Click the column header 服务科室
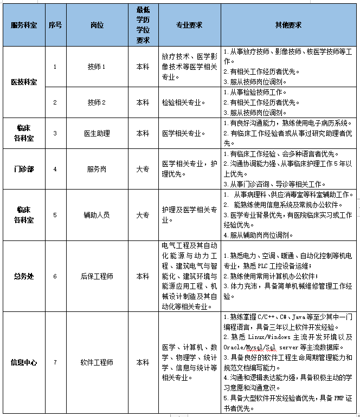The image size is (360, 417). [x=24, y=25]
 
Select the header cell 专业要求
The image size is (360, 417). [x=189, y=25]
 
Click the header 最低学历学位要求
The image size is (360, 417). [x=143, y=25]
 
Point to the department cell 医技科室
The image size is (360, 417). [x=24, y=82]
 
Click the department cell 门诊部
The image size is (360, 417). [x=24, y=169]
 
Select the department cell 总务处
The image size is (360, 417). [x=24, y=276]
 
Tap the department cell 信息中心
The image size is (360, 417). [x=24, y=362]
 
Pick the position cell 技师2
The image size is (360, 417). [x=97, y=102]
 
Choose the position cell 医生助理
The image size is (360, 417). [x=97, y=133]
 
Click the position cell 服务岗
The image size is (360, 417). [x=97, y=169]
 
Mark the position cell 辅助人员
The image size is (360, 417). [x=97, y=214]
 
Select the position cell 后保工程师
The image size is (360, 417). [x=97, y=276]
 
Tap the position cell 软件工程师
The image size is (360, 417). [x=97, y=362]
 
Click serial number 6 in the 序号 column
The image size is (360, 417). [x=55, y=276]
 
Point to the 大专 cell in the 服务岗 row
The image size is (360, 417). [x=143, y=169]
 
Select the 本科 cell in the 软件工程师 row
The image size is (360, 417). [x=143, y=362]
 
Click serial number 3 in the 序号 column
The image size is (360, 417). [x=55, y=133]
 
